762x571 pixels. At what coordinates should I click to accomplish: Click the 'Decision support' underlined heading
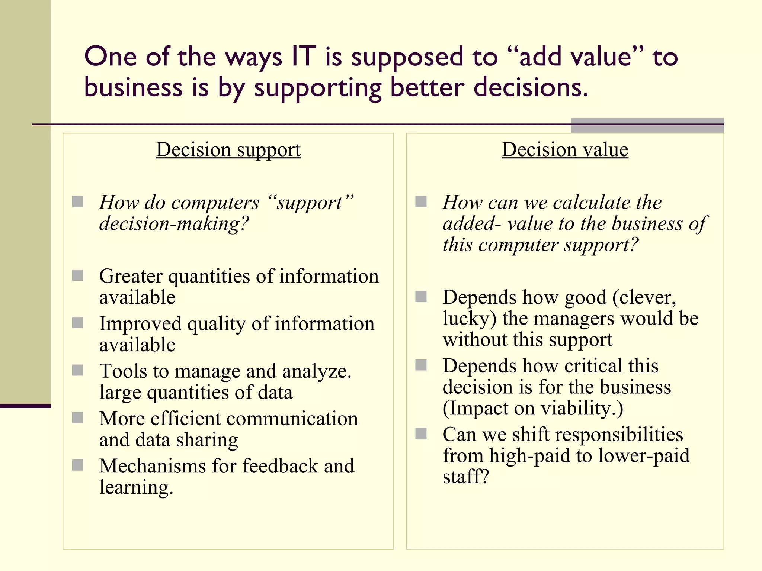click(228, 150)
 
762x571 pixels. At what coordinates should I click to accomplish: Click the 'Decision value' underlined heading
click(565, 150)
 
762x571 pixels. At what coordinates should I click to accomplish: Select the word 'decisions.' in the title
click(531, 88)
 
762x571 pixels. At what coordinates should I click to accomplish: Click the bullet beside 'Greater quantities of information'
click(78, 275)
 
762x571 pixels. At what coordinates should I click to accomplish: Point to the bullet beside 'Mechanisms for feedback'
click(78, 465)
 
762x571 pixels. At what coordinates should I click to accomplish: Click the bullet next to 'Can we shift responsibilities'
click(421, 433)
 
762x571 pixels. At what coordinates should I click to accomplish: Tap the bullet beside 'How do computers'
click(78, 201)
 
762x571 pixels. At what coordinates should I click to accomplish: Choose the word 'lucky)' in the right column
click(470, 319)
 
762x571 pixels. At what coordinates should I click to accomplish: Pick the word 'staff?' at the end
click(465, 477)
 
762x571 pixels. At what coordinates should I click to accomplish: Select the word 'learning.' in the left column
click(136, 487)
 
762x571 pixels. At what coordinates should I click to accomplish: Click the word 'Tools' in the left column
click(123, 371)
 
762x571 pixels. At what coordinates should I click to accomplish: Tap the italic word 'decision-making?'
click(174, 224)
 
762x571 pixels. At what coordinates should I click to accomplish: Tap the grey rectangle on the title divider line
click(647, 126)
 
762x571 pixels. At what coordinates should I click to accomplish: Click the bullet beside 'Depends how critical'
click(421, 365)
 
